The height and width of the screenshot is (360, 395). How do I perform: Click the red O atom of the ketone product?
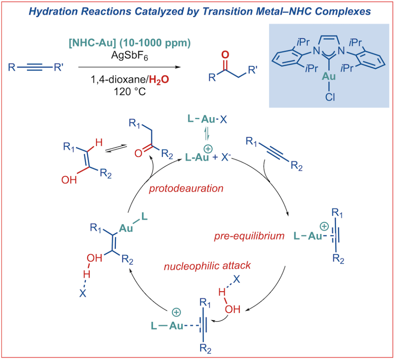[225, 54]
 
